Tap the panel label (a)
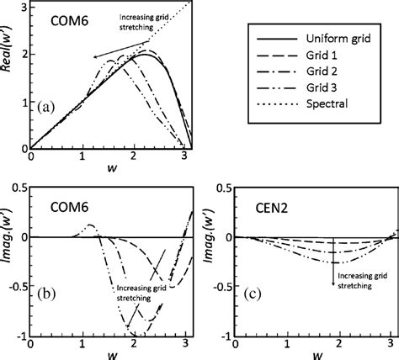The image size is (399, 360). tap(45, 106)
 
